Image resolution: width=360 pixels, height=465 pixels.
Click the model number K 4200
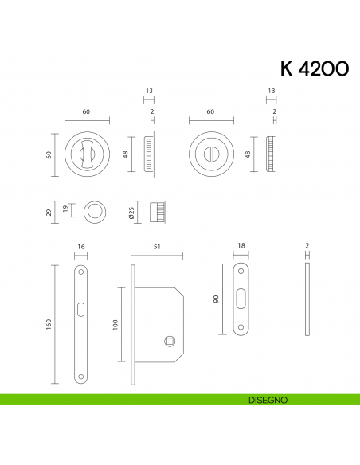coord(314,70)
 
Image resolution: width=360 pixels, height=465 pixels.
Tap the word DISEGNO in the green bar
coord(267,400)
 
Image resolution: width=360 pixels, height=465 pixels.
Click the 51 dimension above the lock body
coord(157,248)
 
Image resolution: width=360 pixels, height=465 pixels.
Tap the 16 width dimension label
coord(80,248)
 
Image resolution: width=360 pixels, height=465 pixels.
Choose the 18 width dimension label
coord(241,248)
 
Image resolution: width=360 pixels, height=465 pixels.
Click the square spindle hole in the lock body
coord(169,342)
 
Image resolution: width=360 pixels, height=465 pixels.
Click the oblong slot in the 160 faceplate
coord(80,308)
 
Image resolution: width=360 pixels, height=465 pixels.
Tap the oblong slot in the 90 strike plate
coord(241,299)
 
